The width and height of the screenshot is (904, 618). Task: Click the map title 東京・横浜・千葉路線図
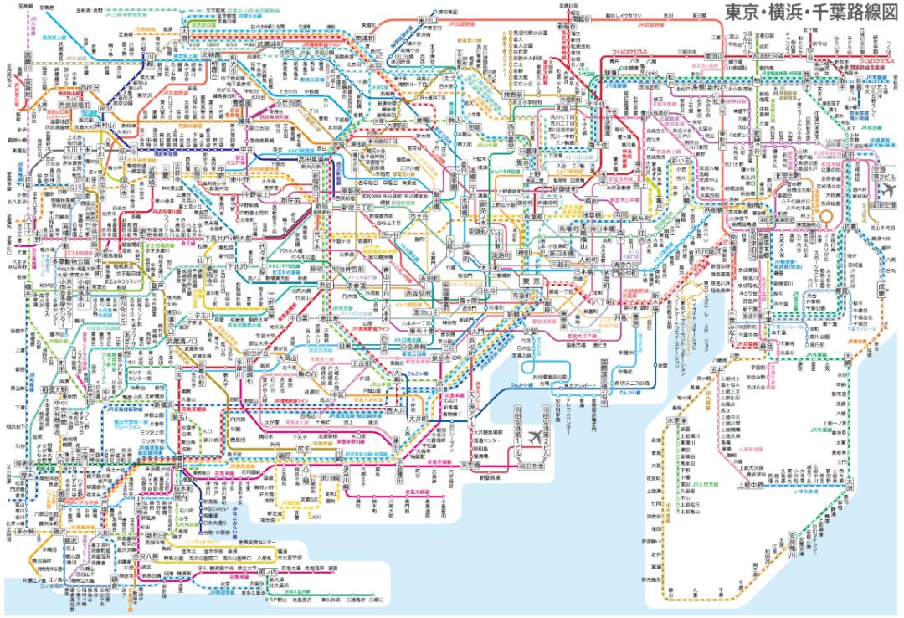(x=807, y=14)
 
